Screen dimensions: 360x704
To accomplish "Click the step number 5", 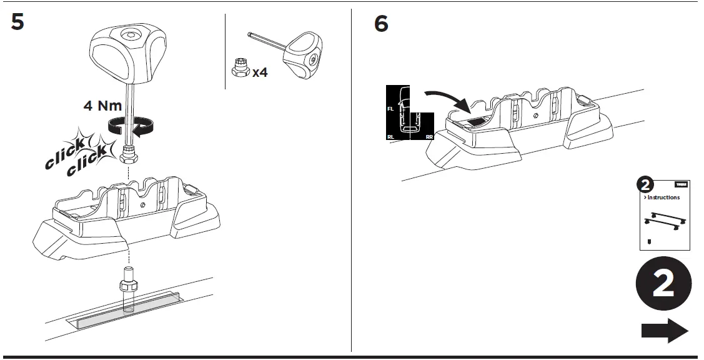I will [x=17, y=22].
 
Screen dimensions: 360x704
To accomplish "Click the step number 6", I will [x=381, y=24].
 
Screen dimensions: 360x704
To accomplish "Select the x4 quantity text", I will [x=260, y=73].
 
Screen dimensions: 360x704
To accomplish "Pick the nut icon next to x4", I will [x=239, y=68].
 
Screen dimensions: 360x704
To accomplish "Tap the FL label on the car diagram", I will [x=390, y=109].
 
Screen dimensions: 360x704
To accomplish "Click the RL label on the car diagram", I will [x=390, y=136].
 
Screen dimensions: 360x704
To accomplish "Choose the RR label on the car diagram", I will [x=429, y=136].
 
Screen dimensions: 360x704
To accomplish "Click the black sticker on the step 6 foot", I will [x=479, y=122].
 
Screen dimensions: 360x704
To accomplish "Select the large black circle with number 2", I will [x=663, y=285].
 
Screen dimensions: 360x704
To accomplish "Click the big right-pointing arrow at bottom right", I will [x=664, y=331].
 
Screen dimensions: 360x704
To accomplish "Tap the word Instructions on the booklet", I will [x=663, y=197].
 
